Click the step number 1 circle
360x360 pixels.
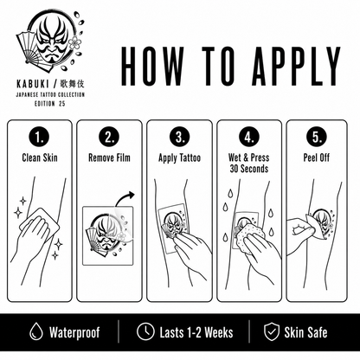(39, 138)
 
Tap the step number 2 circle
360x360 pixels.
(109, 138)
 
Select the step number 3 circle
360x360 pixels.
(180, 138)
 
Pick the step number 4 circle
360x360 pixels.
(249, 138)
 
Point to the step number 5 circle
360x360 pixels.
(317, 138)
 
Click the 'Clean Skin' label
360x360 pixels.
(40, 157)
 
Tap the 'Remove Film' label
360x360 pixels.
(109, 157)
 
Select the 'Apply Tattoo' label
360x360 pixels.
(179, 158)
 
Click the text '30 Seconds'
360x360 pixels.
(249, 169)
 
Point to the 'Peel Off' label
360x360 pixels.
(317, 157)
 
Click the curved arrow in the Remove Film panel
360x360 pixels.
(123, 196)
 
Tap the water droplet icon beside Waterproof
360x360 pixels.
(36, 331)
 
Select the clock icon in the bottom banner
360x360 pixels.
(145, 331)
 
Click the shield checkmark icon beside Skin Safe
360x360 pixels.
(272, 331)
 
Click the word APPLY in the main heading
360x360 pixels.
(296, 66)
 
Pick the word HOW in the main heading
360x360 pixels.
(152, 66)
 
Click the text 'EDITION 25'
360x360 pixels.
(50, 104)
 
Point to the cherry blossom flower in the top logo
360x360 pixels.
(75, 42)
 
